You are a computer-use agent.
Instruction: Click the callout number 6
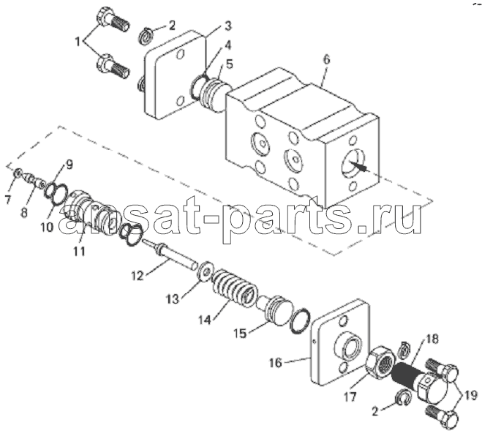pyautogui.click(x=326, y=59)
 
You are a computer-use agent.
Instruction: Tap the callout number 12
pyautogui.click(x=138, y=276)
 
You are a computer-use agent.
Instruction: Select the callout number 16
pyautogui.click(x=276, y=363)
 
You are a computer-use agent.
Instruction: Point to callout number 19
pyautogui.click(x=471, y=395)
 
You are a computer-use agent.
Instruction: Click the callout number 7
pyautogui.click(x=8, y=199)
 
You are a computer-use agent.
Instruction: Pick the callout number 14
pyautogui.click(x=204, y=320)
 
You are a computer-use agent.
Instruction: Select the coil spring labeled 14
pyautogui.click(x=235, y=287)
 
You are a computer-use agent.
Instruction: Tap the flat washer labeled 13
pyautogui.click(x=205, y=271)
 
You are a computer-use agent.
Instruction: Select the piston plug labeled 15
pyautogui.click(x=275, y=311)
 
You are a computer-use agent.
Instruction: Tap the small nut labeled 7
pyautogui.click(x=18, y=173)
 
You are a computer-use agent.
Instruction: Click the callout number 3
pyautogui.click(x=227, y=26)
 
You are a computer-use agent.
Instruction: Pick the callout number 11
pyautogui.click(x=79, y=251)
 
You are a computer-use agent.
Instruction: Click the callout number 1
pyautogui.click(x=78, y=42)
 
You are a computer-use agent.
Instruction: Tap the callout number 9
pyautogui.click(x=69, y=165)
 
